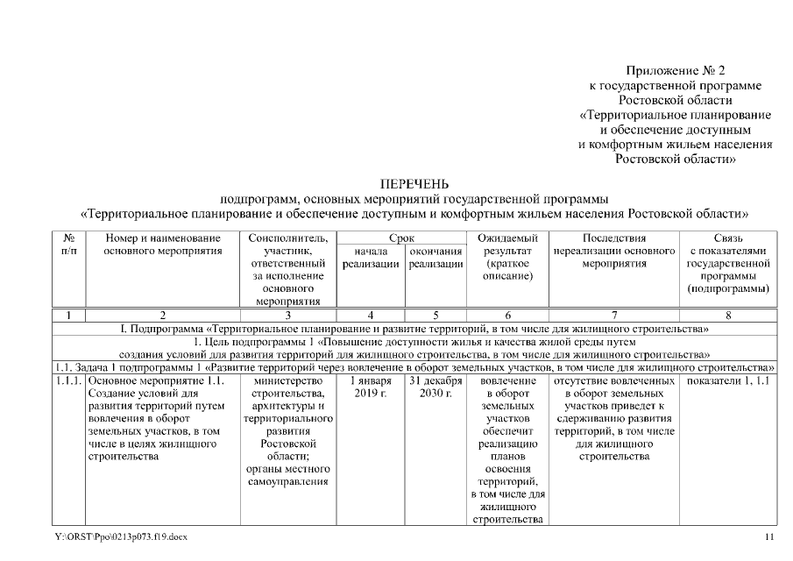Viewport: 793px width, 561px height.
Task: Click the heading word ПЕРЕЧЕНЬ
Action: pyautogui.click(x=414, y=184)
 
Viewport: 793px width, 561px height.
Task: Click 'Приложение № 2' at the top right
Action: pyautogui.click(x=676, y=70)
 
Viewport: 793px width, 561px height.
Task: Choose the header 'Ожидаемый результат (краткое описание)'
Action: pyautogui.click(x=507, y=257)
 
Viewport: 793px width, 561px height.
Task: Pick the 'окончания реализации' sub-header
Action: pyautogui.click(x=435, y=258)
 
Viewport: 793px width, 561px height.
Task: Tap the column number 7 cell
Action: pyautogui.click(x=613, y=315)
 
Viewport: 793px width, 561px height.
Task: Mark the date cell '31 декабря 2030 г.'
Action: pyautogui.click(x=435, y=387)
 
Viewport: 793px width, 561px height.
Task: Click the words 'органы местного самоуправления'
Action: pyautogui.click(x=287, y=474)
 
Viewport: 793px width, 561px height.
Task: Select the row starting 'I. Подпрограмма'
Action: pyautogui.click(x=414, y=329)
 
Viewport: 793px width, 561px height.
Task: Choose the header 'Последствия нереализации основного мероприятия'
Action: pyautogui.click(x=613, y=250)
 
